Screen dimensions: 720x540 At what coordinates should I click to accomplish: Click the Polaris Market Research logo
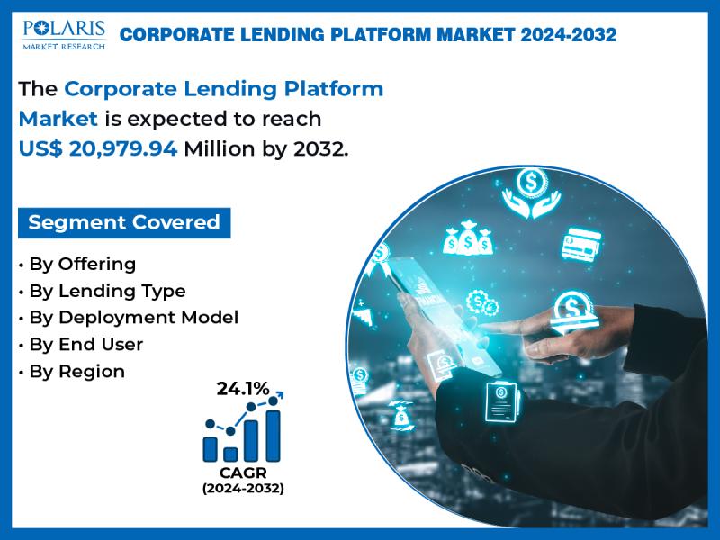64,35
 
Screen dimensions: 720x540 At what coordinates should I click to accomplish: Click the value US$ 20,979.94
98,148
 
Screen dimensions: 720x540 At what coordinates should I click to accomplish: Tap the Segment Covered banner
124,222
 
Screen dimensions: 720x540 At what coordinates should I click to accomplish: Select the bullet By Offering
77,265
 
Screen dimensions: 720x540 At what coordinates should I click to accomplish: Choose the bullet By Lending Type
102,291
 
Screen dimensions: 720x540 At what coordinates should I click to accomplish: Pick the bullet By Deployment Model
129,318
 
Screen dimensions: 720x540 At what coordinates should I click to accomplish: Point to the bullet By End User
81,345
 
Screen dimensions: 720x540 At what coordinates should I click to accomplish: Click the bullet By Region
72,372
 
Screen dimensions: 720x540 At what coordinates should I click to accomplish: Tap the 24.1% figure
243,389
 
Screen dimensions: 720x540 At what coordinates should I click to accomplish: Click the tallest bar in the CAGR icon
273,436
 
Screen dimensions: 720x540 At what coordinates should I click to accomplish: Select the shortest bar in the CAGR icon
230,454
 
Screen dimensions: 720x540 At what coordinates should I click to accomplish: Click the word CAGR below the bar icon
243,472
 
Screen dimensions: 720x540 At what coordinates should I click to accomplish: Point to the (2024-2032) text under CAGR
243,488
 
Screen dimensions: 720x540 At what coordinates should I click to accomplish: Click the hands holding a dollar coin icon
531,193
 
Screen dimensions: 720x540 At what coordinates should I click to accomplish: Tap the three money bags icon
468,238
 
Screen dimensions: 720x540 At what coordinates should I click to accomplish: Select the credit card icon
581,244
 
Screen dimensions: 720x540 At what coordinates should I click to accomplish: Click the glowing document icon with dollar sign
502,401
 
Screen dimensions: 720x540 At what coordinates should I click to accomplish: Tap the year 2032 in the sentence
319,148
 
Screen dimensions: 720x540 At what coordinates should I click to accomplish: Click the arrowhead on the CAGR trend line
280,394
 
